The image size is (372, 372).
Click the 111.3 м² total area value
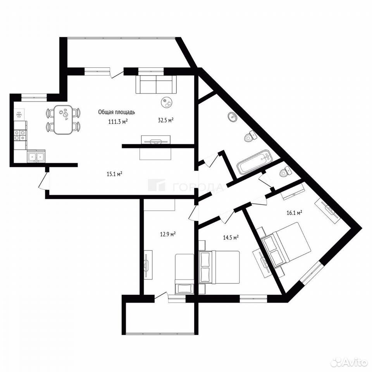[118, 122]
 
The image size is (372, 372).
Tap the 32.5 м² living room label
[165, 120]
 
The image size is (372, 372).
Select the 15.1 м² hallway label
[114, 174]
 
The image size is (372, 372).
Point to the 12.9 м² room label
[168, 235]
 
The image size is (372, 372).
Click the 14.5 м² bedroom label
[231, 237]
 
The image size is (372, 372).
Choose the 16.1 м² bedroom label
[294, 213]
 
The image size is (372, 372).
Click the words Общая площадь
[117, 112]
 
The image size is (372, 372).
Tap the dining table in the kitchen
[63, 120]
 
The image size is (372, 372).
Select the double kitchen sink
[36, 157]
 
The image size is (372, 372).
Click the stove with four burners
[20, 136]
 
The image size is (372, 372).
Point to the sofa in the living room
[156, 84]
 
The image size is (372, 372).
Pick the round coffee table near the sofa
[168, 103]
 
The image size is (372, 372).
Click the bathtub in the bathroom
[255, 161]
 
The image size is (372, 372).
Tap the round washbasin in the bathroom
[233, 117]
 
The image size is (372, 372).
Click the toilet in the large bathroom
[250, 137]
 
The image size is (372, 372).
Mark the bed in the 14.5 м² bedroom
[219, 267]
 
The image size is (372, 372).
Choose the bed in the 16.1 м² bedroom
[286, 245]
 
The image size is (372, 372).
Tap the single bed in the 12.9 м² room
[184, 274]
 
